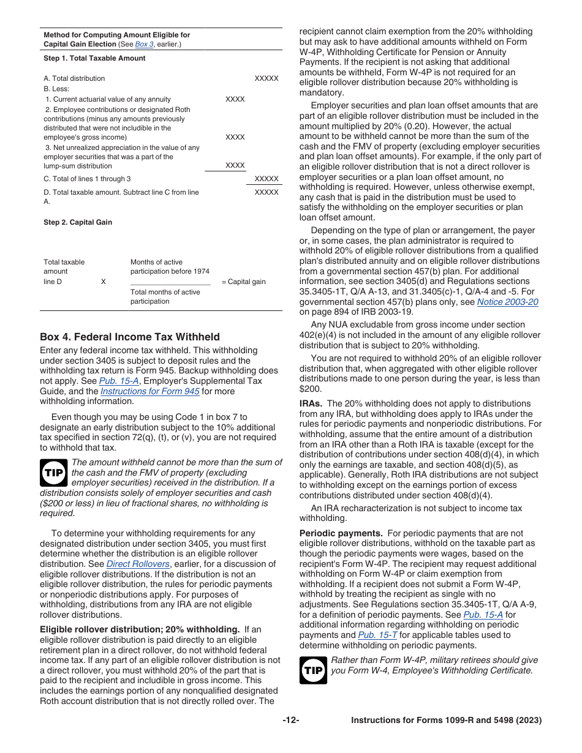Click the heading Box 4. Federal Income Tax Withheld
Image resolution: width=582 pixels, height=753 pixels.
pos(130,337)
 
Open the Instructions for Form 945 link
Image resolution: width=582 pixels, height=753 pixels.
pos(150,391)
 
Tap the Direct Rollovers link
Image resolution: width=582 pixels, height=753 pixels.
pos(138,564)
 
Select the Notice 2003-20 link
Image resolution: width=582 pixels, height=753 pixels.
pos(507,302)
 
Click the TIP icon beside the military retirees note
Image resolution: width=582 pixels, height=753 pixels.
pos(313,670)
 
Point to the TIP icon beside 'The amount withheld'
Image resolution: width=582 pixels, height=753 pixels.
pos(54,473)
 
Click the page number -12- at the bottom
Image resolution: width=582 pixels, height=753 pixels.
pos(291,721)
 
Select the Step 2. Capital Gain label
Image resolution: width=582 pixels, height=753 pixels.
pos(78,222)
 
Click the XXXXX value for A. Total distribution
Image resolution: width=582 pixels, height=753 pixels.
pos(266,78)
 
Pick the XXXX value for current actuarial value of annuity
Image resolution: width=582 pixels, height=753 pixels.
pos(235,99)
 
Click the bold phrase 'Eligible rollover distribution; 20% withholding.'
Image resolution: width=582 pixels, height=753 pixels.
pos(140,629)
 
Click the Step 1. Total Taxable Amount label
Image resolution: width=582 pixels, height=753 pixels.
pos(94,58)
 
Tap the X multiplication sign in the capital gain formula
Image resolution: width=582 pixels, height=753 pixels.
pos(103,282)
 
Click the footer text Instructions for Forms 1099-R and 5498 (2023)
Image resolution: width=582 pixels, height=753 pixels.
pos(446,721)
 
